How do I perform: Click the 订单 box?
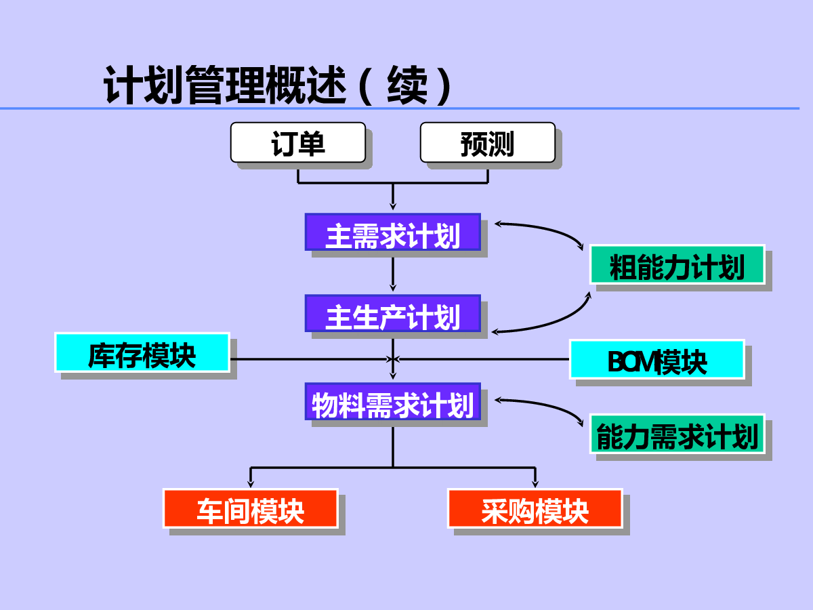tap(298, 142)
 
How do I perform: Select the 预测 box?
tap(488, 142)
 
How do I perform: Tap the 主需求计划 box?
tap(392, 232)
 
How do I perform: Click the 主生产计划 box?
tap(392, 313)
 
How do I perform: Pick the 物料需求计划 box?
tap(392, 401)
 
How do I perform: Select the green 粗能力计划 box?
tap(677, 264)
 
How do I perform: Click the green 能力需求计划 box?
tap(677, 434)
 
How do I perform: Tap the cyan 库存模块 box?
tap(142, 352)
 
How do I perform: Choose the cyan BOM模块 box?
tap(657, 359)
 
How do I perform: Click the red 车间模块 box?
tap(251, 508)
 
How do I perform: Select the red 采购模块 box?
tap(535, 508)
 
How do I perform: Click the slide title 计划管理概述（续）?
tap(278, 85)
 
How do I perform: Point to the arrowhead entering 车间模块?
tap(251, 483)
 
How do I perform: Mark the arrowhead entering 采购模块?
tap(535, 483)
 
